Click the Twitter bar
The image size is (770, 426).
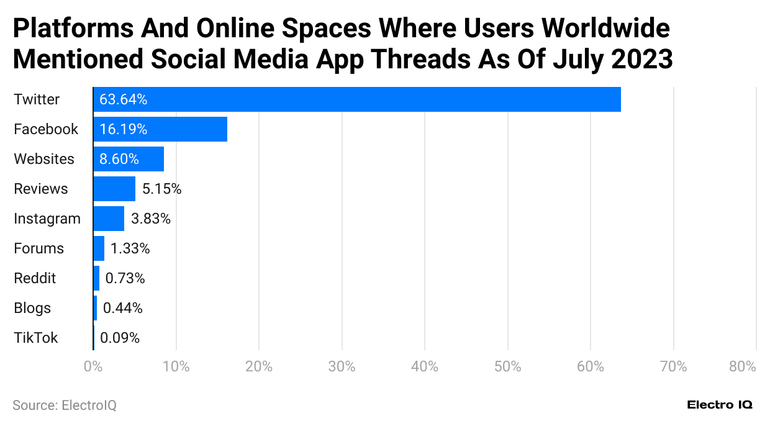click(357, 99)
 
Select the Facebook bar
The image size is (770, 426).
click(160, 129)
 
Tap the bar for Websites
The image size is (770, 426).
click(129, 159)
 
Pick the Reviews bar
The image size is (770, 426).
click(114, 189)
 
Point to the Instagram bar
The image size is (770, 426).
click(109, 219)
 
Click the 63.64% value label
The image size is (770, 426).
click(123, 99)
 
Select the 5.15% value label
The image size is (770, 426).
click(161, 189)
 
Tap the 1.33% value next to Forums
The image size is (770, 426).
click(130, 248)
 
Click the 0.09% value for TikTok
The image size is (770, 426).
click(120, 338)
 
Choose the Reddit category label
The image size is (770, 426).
click(35, 278)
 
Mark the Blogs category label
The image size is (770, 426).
click(32, 308)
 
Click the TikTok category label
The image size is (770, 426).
click(36, 338)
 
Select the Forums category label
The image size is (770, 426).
click(38, 248)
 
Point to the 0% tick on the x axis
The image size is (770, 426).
click(93, 366)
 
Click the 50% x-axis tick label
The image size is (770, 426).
click(507, 366)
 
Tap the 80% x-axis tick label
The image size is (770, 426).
click(743, 366)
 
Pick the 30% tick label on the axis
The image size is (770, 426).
click(342, 366)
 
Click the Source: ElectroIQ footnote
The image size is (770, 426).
click(65, 406)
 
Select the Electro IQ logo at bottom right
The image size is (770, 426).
click(720, 405)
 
